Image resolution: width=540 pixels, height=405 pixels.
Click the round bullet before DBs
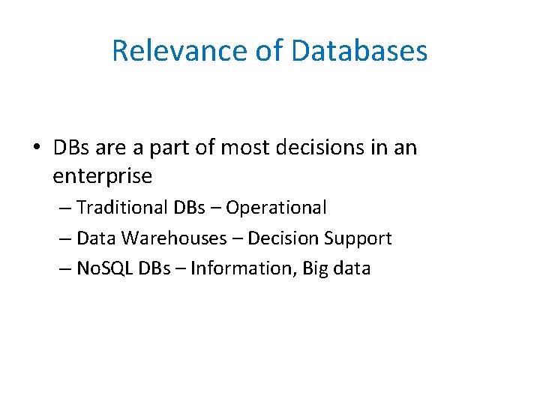click(37, 148)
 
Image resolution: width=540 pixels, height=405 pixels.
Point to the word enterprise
click(103, 177)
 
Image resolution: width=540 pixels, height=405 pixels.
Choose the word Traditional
click(123, 207)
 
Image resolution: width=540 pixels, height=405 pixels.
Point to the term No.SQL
click(106, 268)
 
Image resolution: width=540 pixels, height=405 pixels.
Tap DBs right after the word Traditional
click(192, 207)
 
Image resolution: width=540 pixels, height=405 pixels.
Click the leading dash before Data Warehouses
click(64, 238)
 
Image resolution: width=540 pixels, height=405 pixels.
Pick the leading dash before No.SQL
click(64, 268)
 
